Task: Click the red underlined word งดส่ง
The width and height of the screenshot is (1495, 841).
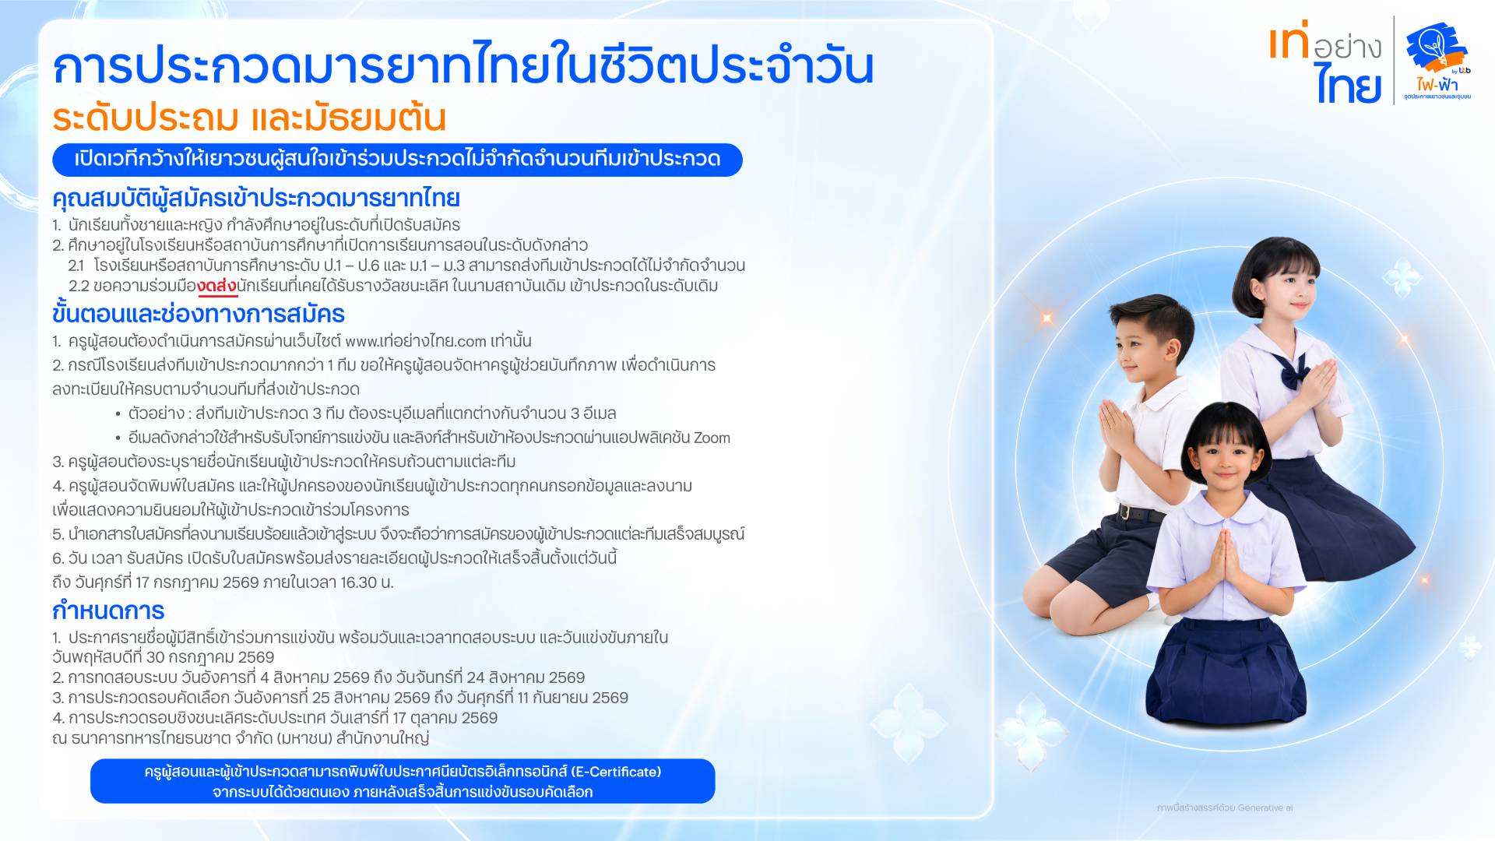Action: [x=217, y=286]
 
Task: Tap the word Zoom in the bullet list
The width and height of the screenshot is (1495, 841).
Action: [x=712, y=438]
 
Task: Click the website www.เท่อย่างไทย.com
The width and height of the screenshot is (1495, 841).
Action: [x=416, y=341]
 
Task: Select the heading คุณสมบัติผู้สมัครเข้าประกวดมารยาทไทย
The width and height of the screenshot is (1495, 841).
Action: [x=256, y=199]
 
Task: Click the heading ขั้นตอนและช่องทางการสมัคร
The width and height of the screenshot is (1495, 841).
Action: [x=199, y=314]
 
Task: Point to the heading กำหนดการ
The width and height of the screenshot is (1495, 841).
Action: [x=108, y=611]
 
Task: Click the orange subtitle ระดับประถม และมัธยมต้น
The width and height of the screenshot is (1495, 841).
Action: [x=249, y=118]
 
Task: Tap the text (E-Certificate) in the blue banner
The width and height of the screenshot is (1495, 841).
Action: [x=616, y=772]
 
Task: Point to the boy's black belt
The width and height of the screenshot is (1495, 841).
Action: [x=1141, y=513]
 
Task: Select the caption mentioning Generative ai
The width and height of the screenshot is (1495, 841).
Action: [x=1225, y=808]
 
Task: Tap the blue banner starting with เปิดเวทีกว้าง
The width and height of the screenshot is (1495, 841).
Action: [x=397, y=160]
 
